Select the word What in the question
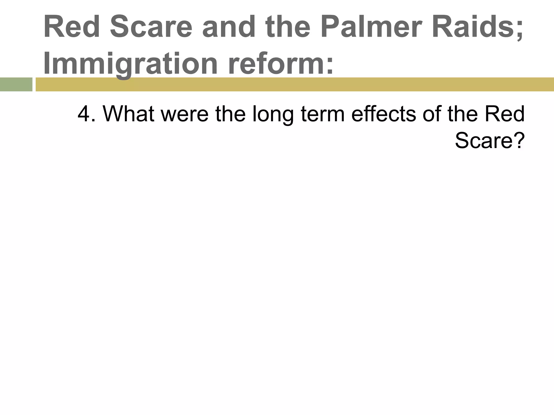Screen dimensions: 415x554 click(x=128, y=114)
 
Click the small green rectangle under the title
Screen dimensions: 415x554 click(x=16, y=84)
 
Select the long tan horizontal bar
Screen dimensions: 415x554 click(x=295, y=84)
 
